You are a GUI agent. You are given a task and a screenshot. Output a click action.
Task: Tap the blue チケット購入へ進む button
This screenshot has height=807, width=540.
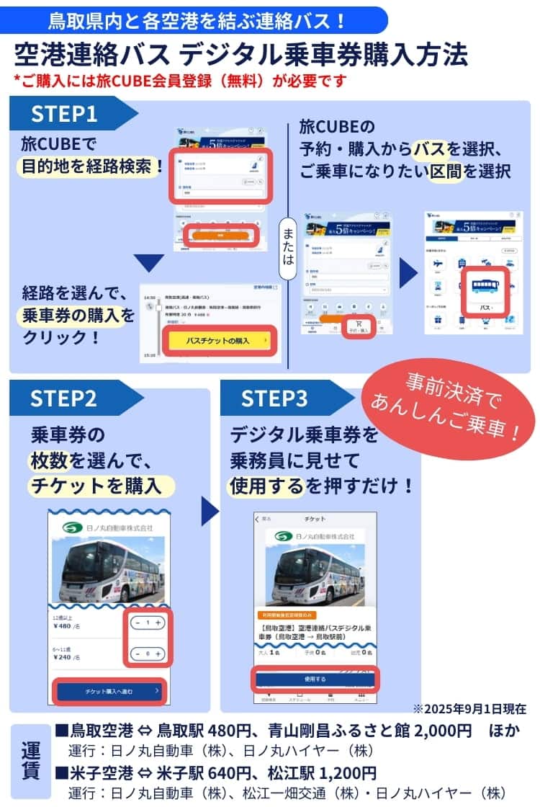tap(110, 692)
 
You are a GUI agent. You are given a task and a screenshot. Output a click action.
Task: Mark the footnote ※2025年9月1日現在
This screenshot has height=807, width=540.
tap(469, 709)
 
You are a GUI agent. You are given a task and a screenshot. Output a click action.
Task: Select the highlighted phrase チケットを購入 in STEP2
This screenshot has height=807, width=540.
tap(101, 485)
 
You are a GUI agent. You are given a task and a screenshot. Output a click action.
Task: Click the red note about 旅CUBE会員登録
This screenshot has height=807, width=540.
tap(180, 80)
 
